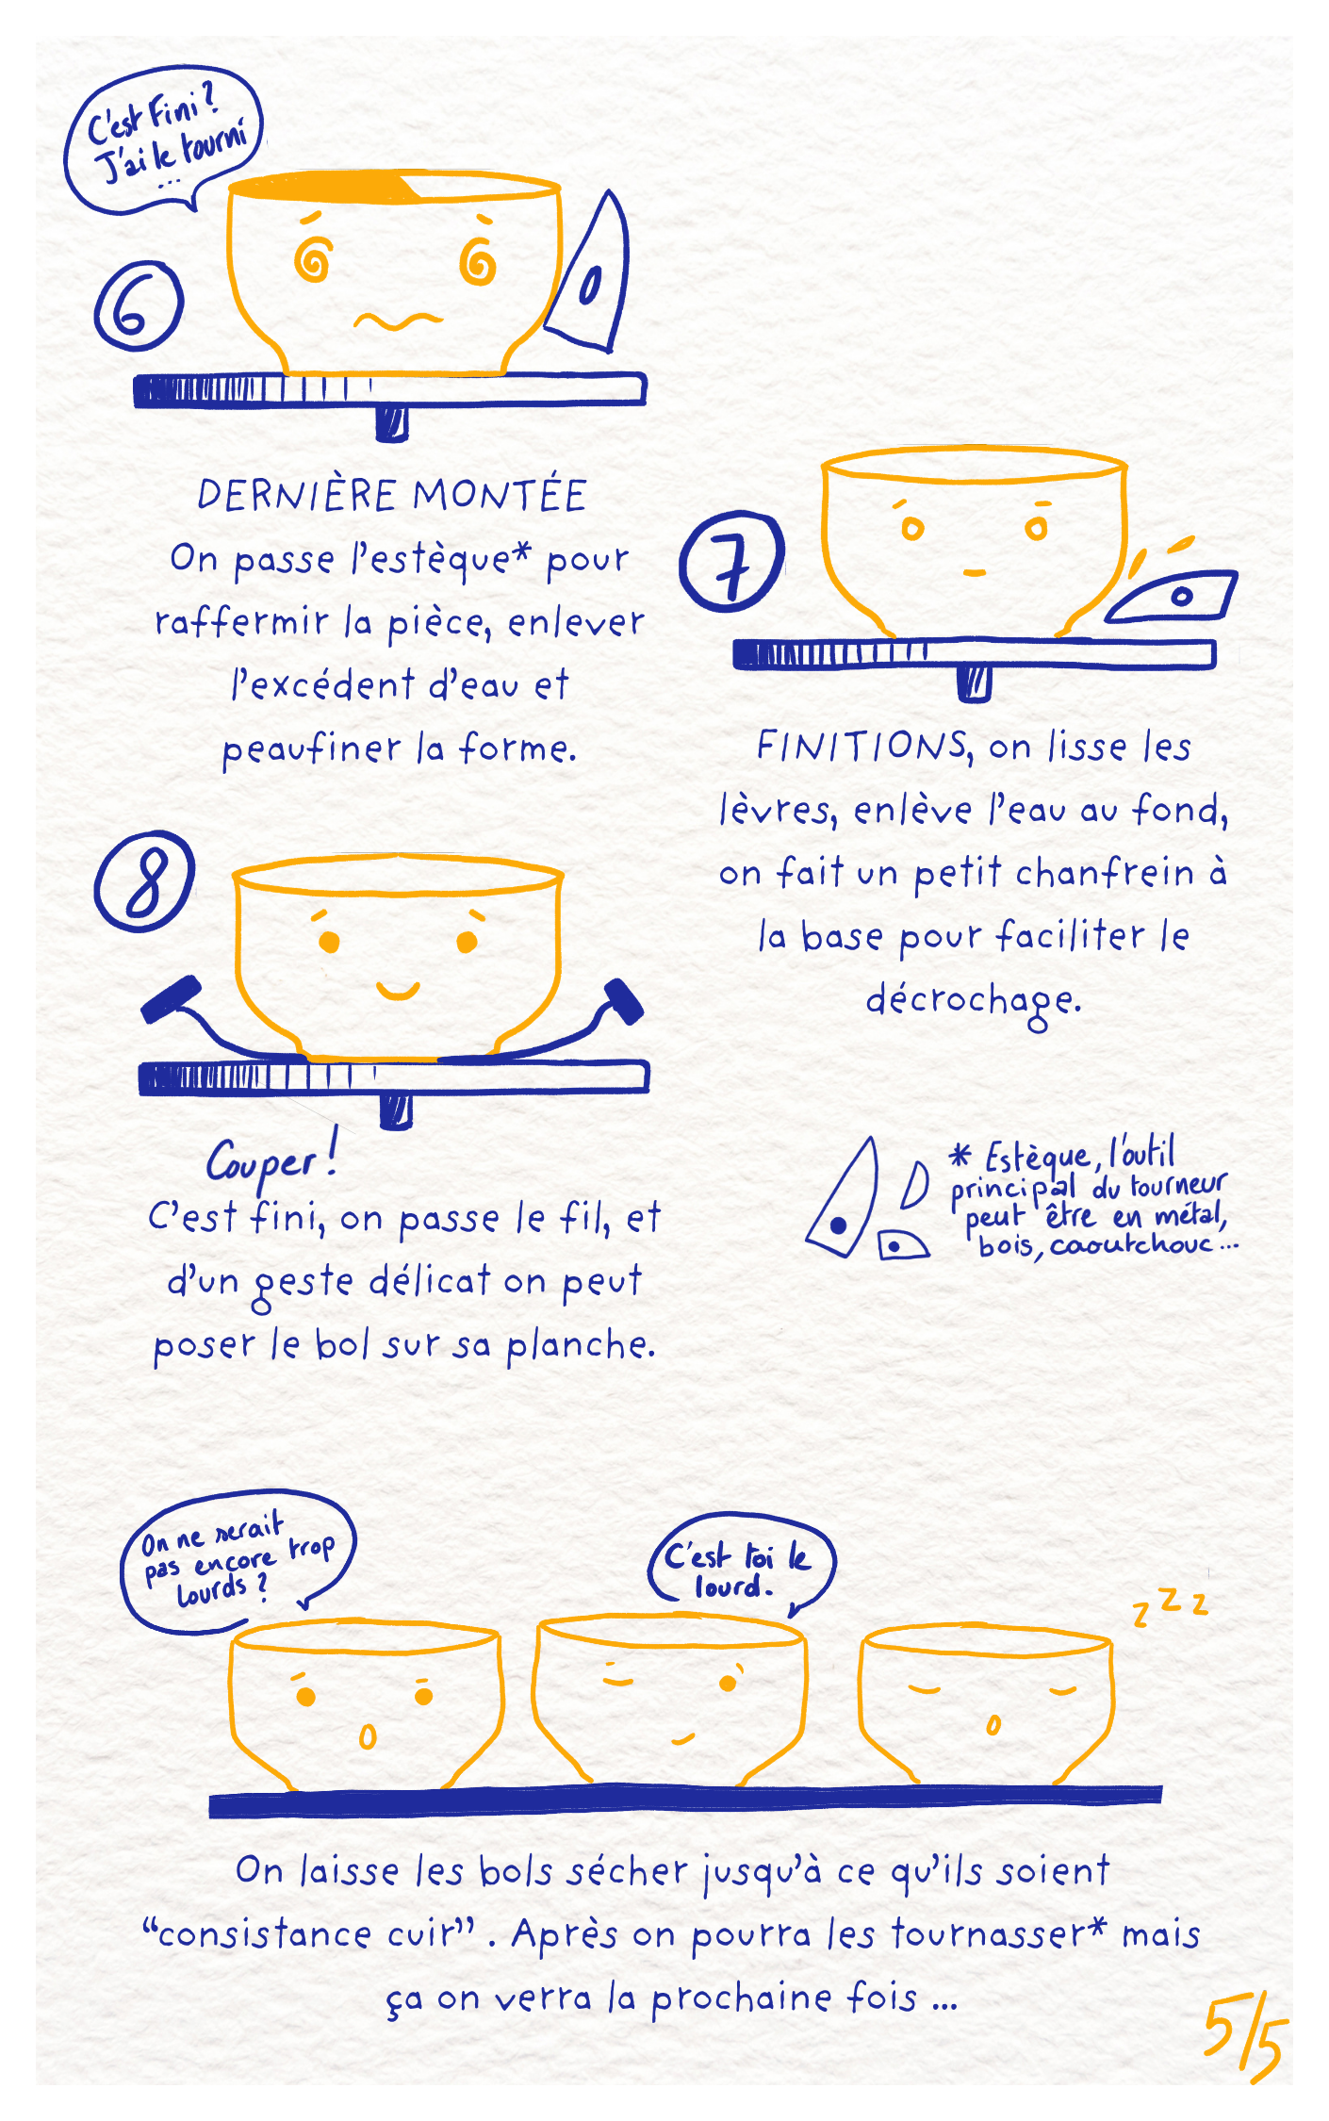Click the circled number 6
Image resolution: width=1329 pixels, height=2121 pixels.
pos(139,304)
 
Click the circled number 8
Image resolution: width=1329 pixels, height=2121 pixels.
pos(144,881)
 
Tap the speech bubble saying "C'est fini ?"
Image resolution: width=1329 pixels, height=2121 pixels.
pos(164,140)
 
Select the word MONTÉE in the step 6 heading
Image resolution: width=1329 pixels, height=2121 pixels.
pos(500,495)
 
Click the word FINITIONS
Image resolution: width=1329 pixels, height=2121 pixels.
pos(862,746)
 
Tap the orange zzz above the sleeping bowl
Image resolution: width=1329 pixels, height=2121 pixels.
pos(1171,1605)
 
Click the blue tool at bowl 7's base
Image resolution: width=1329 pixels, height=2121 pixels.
pos(1172,597)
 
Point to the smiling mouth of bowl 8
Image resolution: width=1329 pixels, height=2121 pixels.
pos(398,990)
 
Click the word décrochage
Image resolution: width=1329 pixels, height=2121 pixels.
pos(973,1002)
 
